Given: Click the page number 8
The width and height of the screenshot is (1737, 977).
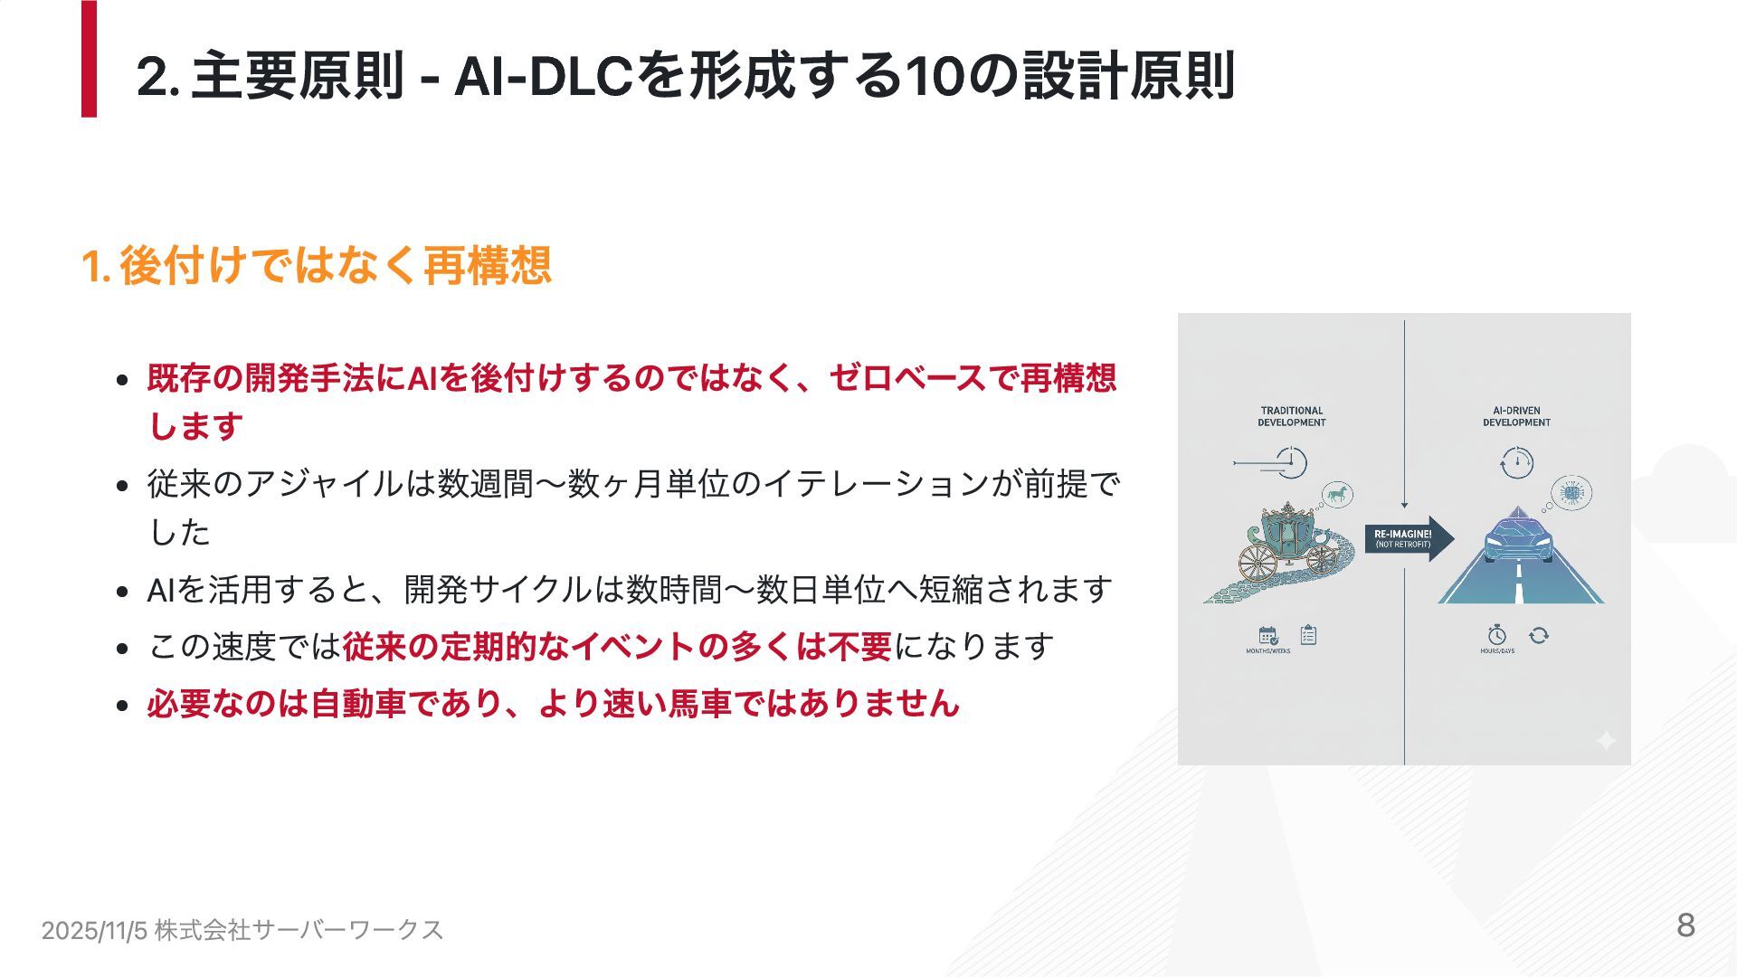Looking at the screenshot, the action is [x=1685, y=925].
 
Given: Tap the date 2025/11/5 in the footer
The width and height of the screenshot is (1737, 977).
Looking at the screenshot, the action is [x=94, y=930].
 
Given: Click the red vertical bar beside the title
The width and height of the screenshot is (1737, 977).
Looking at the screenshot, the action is [x=89, y=59].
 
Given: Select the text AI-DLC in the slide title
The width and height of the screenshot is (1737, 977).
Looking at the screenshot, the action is [x=543, y=76].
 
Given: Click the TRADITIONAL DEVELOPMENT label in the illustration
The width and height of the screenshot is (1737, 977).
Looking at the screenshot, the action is [x=1291, y=416].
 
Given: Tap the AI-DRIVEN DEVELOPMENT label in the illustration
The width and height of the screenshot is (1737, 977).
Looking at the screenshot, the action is [x=1516, y=416].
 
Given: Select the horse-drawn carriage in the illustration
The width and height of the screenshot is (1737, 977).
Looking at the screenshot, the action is [x=1285, y=543].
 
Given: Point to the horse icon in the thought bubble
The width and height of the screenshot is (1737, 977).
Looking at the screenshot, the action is [x=1336, y=494].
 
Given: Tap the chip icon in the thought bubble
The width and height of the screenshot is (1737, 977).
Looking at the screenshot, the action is [x=1571, y=493].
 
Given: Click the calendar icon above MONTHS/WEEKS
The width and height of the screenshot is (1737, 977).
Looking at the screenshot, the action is [x=1268, y=635].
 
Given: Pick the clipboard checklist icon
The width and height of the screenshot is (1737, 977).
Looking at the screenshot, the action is [x=1308, y=635].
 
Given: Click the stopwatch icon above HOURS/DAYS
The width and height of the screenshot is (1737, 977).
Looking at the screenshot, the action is [x=1496, y=635].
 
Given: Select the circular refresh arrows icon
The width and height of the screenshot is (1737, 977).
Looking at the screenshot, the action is [x=1538, y=635].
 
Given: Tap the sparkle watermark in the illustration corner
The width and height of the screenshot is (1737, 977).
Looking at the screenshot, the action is [x=1605, y=742].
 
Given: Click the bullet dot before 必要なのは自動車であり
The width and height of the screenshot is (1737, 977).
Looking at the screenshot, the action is [x=123, y=705].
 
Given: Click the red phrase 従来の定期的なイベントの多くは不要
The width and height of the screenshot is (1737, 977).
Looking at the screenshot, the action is [x=617, y=647].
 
